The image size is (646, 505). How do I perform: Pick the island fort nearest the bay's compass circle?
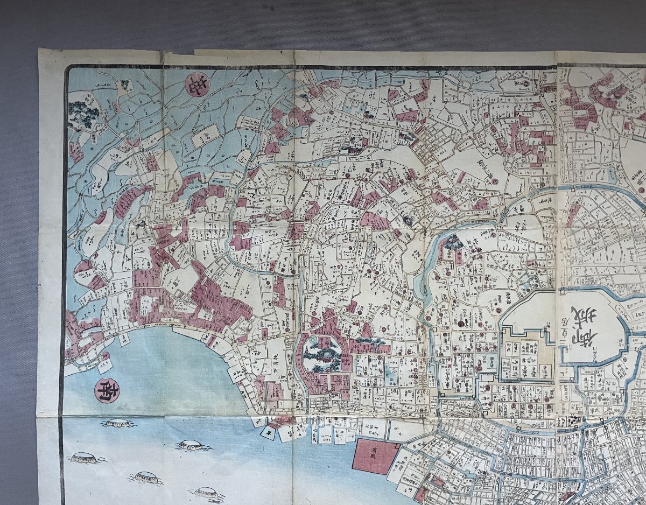[119, 423]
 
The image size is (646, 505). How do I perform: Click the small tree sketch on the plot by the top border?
[125, 85]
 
